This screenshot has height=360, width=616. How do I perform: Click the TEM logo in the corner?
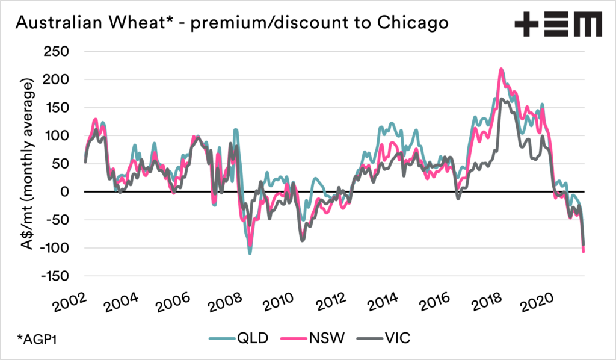click(x=558, y=25)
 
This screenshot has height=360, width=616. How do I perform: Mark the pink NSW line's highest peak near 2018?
click(x=501, y=70)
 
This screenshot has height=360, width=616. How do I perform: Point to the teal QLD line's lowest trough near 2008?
click(x=250, y=253)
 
